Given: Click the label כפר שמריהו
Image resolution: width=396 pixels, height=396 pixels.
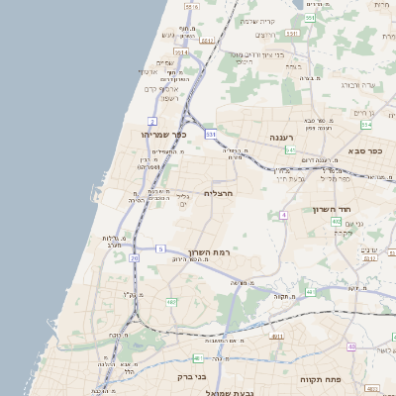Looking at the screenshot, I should (163, 135).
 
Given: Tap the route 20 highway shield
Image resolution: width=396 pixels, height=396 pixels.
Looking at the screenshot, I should (134, 257).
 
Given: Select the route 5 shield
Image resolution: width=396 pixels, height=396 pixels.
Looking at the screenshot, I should (160, 248).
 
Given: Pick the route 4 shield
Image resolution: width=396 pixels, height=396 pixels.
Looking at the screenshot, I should (283, 214).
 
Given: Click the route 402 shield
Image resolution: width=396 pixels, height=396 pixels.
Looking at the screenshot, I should (337, 222).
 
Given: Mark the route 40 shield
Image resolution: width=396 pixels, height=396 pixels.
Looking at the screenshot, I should (351, 346).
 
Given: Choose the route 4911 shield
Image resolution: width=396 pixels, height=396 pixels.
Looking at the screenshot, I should (277, 337).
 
